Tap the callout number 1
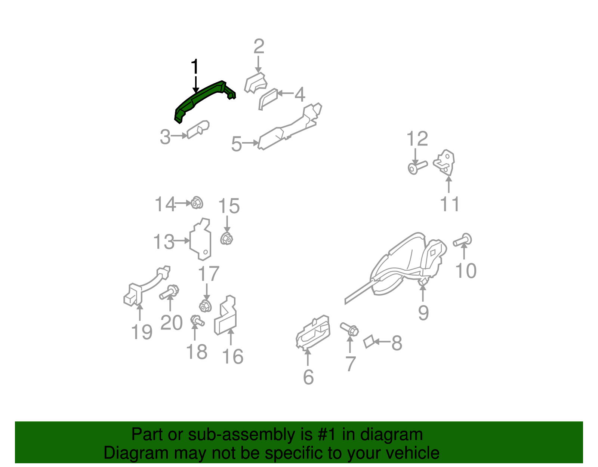(194, 67)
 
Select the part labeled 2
(256, 83)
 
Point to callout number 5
(237, 144)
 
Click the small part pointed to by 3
(198, 129)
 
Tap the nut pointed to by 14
(197, 203)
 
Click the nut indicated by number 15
(226, 238)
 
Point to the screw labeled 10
(463, 240)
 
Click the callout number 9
(423, 312)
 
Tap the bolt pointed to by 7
(350, 329)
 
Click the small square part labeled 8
(369, 341)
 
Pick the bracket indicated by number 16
(226, 317)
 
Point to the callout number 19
(142, 332)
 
